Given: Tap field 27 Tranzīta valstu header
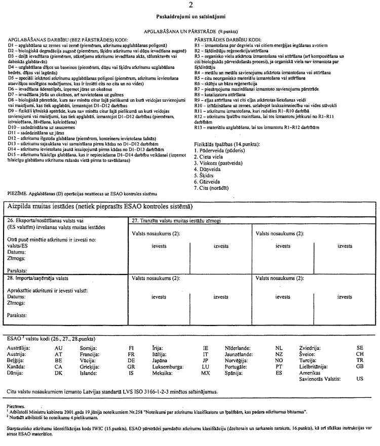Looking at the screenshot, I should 176,220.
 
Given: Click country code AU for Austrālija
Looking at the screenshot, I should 58,348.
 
